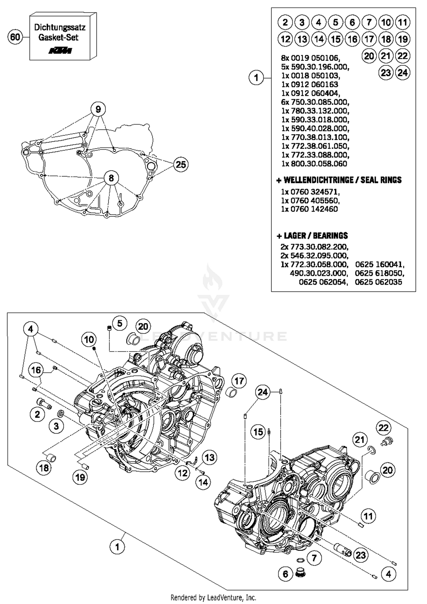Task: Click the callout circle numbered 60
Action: tap(15, 37)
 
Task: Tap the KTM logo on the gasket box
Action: tap(60, 51)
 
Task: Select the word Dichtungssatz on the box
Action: tap(60, 28)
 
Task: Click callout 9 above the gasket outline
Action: tap(98, 109)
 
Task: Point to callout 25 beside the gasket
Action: tap(181, 165)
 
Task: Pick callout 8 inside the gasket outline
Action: tap(111, 178)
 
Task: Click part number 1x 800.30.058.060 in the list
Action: tap(314, 164)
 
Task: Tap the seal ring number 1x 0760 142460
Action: tap(309, 209)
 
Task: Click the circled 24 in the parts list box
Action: tap(403, 73)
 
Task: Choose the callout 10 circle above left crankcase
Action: tap(89, 340)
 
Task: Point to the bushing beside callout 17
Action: tap(231, 394)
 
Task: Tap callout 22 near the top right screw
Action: tap(383, 428)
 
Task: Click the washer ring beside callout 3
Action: tap(60, 413)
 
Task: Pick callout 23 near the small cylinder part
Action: tap(361, 555)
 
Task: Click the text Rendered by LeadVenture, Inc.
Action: tap(213, 597)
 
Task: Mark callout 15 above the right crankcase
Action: tap(258, 432)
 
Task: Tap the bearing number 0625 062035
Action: tap(378, 282)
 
